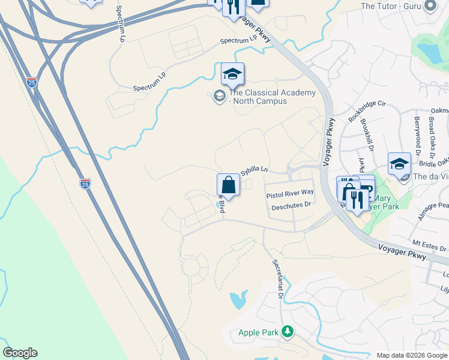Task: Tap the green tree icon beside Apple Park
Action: pyautogui.click(x=288, y=331)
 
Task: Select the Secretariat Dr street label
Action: pyautogui.click(x=277, y=279)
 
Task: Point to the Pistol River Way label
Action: pyautogui.click(x=290, y=195)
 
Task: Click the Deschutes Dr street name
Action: pyautogui.click(x=291, y=205)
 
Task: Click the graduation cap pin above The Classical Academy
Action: pyautogui.click(x=232, y=74)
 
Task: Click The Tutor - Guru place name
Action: pyautogui.click(x=390, y=7)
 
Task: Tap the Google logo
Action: pyautogui.click(x=20, y=353)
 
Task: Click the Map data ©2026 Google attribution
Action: pyautogui.click(x=412, y=355)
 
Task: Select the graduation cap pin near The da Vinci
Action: pyautogui.click(x=399, y=163)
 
